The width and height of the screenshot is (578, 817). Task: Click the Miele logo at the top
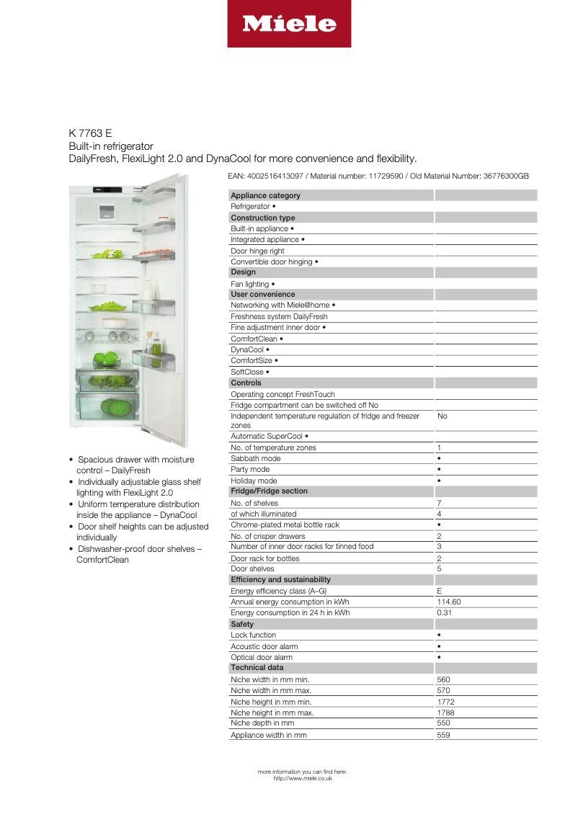[x=289, y=24]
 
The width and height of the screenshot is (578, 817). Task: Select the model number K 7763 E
[x=90, y=133]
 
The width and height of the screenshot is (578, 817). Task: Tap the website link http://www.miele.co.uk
[x=303, y=778]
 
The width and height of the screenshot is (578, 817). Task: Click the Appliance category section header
[x=265, y=195]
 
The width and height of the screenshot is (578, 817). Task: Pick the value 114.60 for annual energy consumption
[x=449, y=602]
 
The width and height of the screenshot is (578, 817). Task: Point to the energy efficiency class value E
[x=440, y=591]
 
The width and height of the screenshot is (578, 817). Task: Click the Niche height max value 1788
[x=445, y=713]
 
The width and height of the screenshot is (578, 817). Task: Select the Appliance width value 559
[x=443, y=735]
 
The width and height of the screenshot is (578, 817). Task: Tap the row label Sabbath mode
[x=256, y=458]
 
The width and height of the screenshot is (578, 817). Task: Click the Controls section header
[x=246, y=383]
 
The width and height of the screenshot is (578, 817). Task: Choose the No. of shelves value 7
[x=439, y=503]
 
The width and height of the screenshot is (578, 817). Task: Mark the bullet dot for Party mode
[x=439, y=470]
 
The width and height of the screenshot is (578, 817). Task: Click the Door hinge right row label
[x=257, y=251]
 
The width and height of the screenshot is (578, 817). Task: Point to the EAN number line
[x=378, y=176]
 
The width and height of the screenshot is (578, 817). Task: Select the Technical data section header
[x=257, y=667]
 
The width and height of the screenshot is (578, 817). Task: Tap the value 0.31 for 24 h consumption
[x=445, y=612]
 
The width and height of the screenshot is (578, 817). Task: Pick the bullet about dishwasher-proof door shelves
[x=137, y=554]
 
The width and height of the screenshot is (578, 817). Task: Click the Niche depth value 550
[x=443, y=723]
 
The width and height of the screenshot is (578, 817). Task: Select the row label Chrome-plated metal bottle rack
[x=285, y=524]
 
